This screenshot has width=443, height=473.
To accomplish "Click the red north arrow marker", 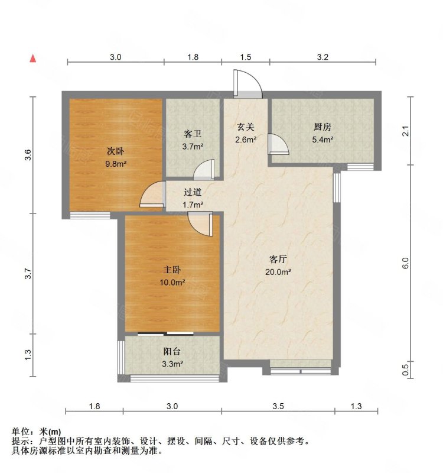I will coord(34,59).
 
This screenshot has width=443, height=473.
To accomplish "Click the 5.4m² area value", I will coord(322,140).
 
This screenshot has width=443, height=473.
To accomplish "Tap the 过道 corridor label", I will coord(193,192).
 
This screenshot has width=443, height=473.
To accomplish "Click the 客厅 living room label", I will coord(279,260).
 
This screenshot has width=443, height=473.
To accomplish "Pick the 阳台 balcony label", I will coord(172,351).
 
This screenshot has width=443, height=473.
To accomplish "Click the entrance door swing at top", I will coord(247,84).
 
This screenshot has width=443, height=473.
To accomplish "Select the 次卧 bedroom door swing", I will coord(152,196).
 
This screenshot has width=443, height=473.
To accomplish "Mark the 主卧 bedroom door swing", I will coord(200,223).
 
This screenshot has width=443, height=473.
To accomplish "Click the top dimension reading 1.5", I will coord(246,57).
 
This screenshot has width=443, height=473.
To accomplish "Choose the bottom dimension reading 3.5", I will coord(279,406).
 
